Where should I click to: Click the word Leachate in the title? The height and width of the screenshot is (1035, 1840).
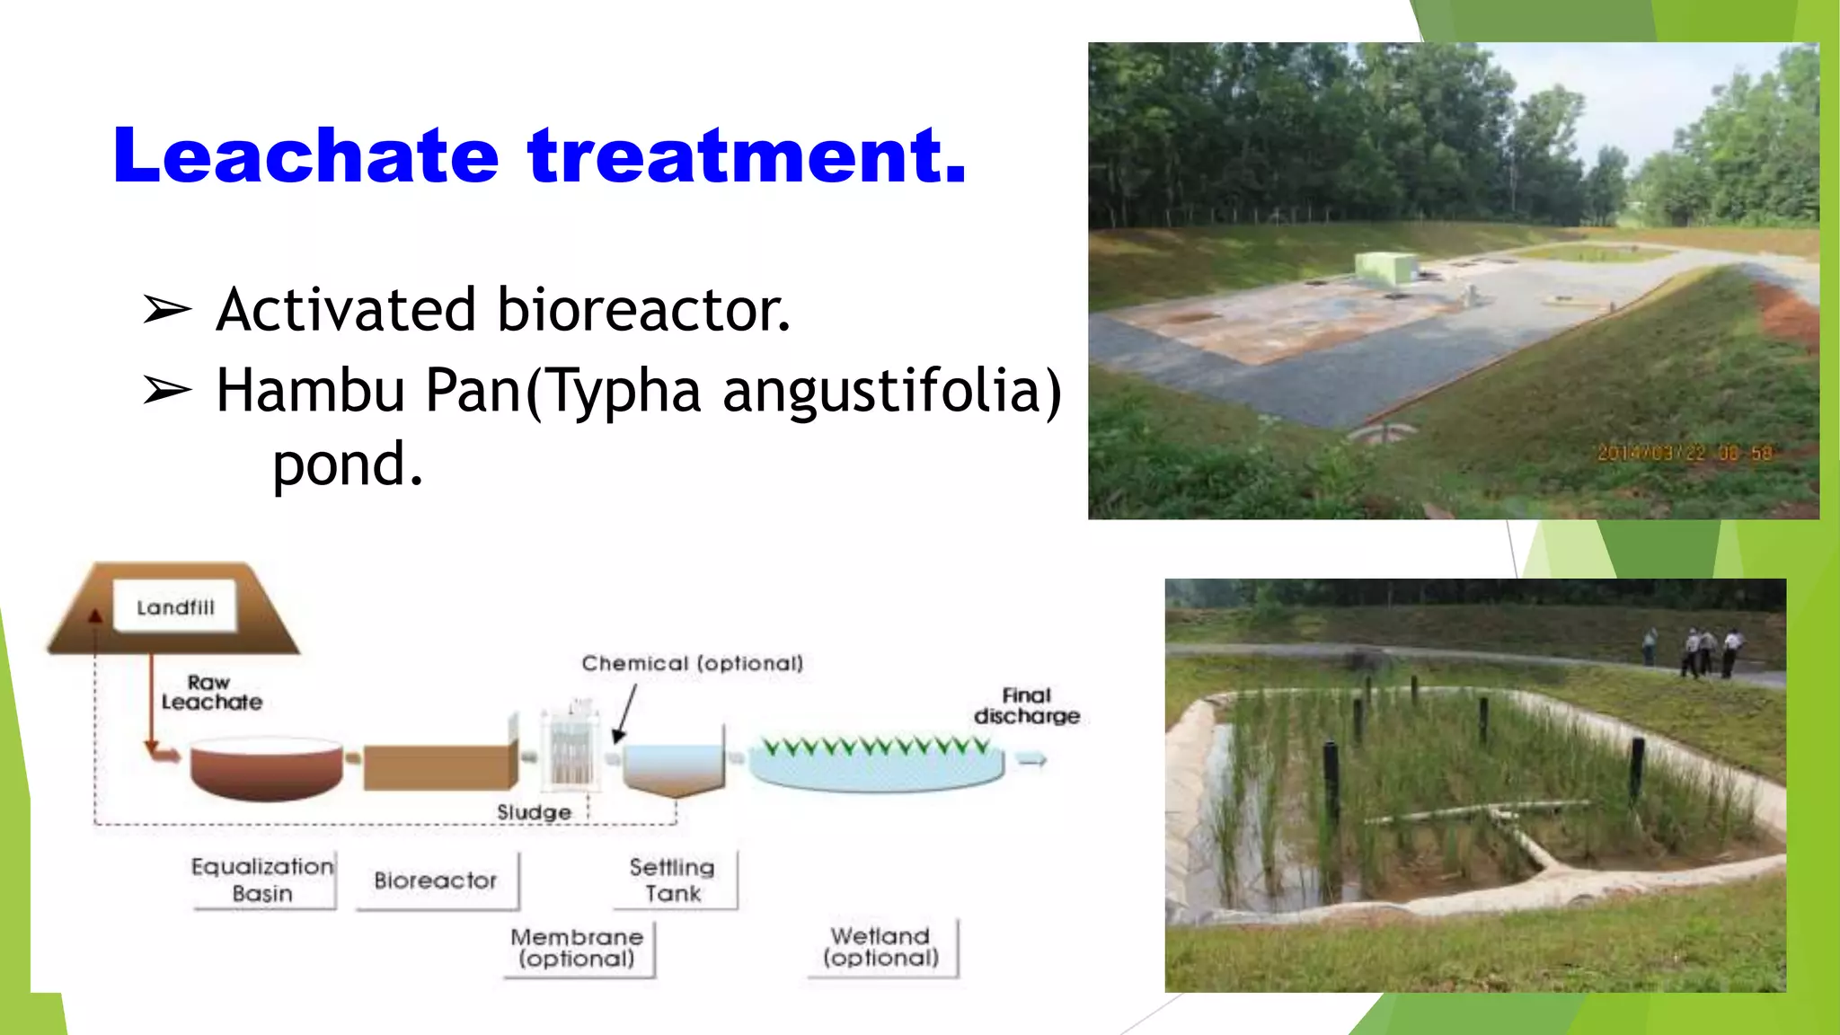tap(305, 156)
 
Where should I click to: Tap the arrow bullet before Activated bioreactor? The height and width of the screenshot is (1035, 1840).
tap(167, 310)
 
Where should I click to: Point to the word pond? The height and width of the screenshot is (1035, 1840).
tap(347, 464)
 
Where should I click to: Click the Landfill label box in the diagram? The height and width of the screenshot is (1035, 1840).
tap(176, 607)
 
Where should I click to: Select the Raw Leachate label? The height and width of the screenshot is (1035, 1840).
tap(211, 693)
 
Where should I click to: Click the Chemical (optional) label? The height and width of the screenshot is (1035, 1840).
tap(692, 663)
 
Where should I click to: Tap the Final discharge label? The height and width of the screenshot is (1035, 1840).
tap(1027, 706)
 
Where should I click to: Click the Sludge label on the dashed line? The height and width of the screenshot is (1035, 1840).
tap(535, 812)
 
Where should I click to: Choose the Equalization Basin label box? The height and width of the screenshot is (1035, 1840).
tap(262, 880)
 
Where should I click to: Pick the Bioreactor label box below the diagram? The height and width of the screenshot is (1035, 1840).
tap(436, 880)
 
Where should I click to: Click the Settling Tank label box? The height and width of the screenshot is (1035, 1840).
tap(673, 880)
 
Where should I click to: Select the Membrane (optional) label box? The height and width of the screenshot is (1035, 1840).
tap(577, 948)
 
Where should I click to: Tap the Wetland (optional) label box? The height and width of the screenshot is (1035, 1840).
tap(880, 947)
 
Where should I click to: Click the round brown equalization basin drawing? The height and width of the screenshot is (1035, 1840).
tap(266, 768)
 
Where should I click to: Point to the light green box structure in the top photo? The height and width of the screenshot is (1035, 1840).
tap(1385, 267)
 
